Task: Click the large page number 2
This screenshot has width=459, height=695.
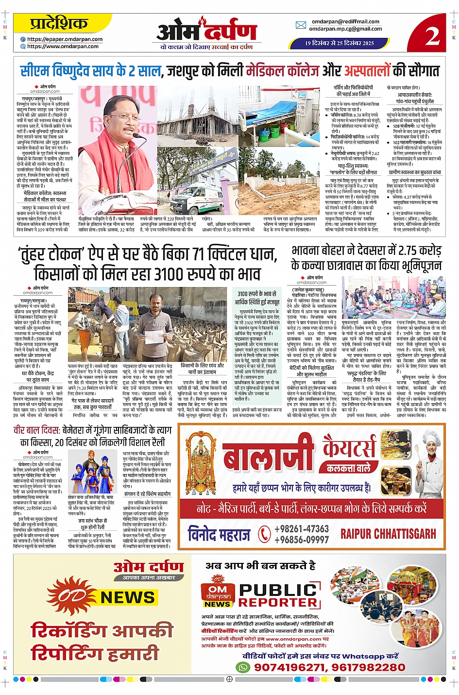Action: point(432,34)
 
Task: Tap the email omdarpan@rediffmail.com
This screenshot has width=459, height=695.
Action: point(345,21)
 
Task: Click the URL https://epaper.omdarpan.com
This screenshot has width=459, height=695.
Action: point(65,39)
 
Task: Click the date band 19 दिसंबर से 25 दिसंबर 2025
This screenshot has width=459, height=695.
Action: point(340,43)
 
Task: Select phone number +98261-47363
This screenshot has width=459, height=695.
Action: point(302,529)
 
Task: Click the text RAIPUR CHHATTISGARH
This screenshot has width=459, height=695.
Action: point(388,534)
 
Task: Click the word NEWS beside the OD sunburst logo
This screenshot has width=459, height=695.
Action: point(127,597)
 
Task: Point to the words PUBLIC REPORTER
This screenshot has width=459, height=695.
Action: point(279,596)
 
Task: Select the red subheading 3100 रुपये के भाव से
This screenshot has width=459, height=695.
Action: point(256,294)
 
